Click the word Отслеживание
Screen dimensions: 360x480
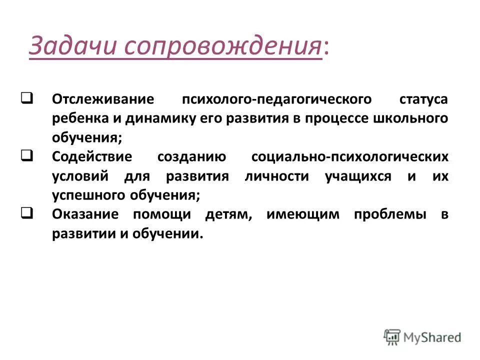(x=102, y=98)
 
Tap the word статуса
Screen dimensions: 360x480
(x=423, y=98)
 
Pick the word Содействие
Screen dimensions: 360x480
(x=92, y=157)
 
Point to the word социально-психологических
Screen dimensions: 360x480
(x=350, y=157)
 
